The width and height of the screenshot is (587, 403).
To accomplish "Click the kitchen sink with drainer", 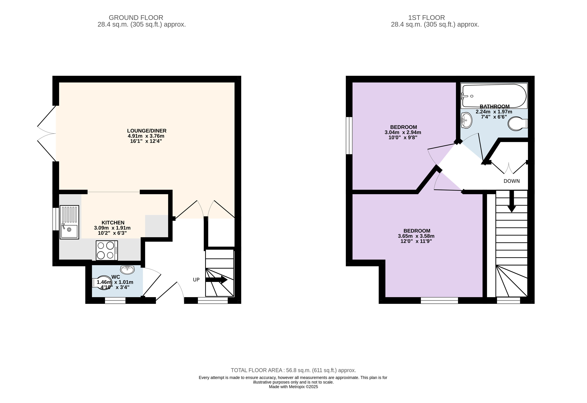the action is click(x=69, y=222).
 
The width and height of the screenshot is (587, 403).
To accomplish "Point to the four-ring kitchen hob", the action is click(x=107, y=250).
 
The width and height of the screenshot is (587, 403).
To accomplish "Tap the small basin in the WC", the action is click(x=127, y=270).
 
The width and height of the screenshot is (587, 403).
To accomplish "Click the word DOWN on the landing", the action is click(x=512, y=181).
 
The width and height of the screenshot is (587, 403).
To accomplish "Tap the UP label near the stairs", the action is click(x=196, y=280).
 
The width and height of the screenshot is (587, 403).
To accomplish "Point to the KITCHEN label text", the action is click(x=113, y=222).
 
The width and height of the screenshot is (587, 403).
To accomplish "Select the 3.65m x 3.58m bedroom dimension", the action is click(x=416, y=236).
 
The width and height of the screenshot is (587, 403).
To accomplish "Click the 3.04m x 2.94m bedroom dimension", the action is click(x=403, y=132).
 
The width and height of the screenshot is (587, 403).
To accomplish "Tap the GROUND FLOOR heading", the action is click(x=136, y=18).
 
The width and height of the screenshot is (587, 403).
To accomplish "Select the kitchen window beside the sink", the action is click(x=56, y=219).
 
